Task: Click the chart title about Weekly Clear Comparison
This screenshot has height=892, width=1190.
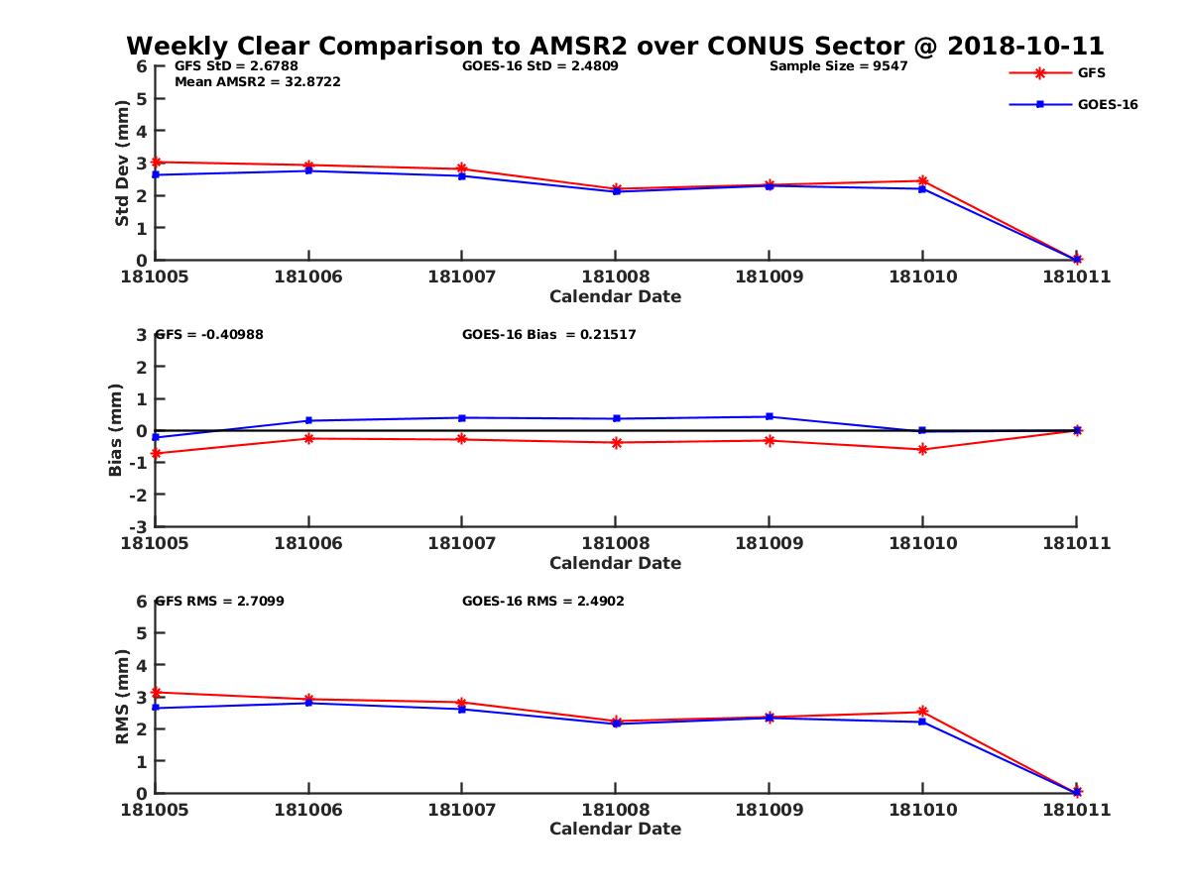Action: click(615, 47)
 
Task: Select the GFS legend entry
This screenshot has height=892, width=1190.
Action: click(1092, 72)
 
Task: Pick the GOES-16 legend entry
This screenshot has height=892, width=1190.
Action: click(1107, 104)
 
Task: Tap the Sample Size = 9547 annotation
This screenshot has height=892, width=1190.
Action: click(838, 66)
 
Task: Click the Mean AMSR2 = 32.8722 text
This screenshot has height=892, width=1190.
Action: click(257, 81)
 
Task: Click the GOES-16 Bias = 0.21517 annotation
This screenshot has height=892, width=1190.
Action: click(548, 335)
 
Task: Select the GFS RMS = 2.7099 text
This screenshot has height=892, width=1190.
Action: click(220, 601)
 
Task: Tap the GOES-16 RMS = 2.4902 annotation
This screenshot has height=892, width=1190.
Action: click(542, 601)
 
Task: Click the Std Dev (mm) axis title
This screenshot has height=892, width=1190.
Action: click(122, 163)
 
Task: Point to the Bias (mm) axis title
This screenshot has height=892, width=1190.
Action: click(116, 430)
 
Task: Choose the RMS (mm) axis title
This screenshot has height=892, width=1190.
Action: click(122, 697)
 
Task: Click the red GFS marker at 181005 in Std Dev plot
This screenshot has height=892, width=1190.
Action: click(156, 162)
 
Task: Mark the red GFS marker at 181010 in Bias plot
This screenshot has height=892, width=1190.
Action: click(922, 449)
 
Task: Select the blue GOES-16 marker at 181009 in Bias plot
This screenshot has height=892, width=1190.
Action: click(769, 416)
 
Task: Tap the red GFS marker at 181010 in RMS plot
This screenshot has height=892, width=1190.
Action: click(922, 712)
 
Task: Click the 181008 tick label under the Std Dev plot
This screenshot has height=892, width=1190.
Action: click(615, 277)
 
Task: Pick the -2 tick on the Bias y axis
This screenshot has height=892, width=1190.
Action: click(141, 495)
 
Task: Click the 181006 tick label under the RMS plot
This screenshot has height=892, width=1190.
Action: click(308, 810)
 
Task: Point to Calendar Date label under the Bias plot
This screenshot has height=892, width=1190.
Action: click(615, 563)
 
